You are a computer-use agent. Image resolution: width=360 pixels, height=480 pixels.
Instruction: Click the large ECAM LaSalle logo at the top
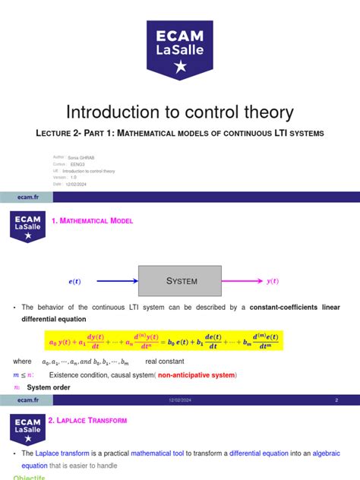179,49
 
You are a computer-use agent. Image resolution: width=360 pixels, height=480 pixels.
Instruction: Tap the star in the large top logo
180,68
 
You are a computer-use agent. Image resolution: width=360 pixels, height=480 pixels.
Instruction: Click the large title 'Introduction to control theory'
179,112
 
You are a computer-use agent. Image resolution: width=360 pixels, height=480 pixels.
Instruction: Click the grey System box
180,281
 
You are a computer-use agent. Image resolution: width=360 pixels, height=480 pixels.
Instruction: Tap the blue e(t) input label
74,282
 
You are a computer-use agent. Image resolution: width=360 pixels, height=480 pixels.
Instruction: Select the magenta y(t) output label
273,281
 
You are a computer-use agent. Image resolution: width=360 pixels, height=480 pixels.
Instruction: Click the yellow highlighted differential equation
163,340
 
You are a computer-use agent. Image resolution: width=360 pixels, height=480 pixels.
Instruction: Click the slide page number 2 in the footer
336,399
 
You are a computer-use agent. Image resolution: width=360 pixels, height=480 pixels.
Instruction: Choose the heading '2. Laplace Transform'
87,420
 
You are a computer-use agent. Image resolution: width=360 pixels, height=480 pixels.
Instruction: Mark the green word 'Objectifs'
29,478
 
